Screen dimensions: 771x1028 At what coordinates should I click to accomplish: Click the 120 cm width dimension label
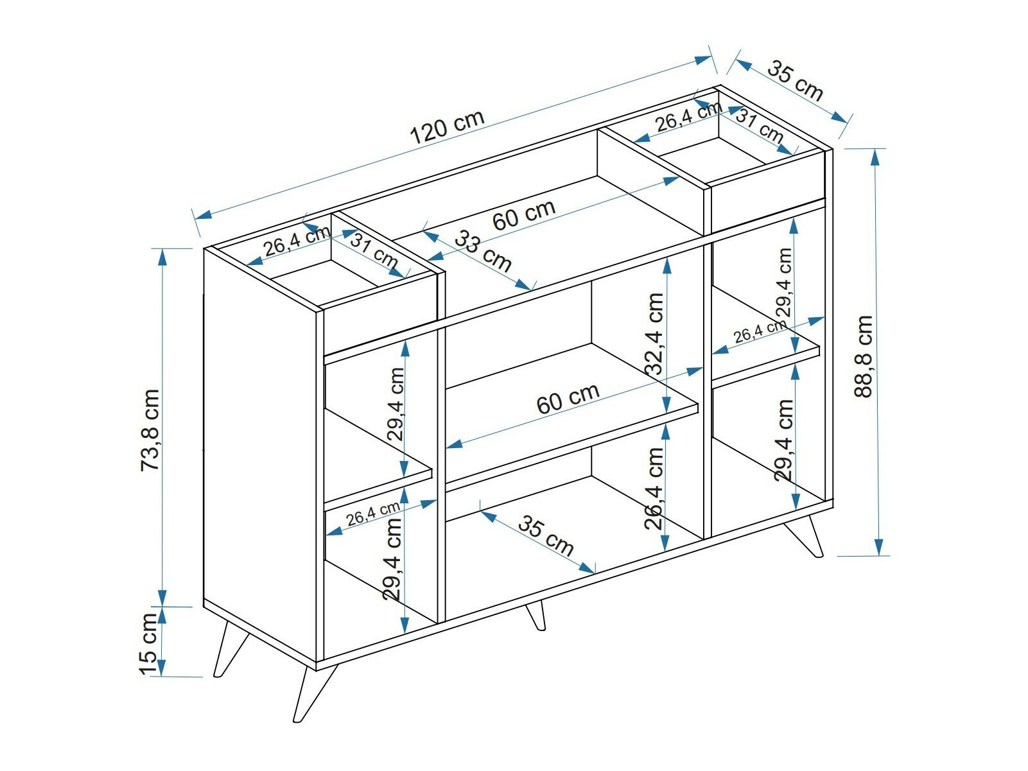pyautogui.click(x=447, y=127)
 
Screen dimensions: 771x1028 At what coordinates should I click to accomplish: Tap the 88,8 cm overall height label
pyautogui.click(x=864, y=356)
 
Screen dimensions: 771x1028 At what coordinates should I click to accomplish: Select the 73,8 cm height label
pyautogui.click(x=150, y=429)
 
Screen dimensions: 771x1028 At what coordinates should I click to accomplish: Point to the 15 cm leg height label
pyautogui.click(x=148, y=643)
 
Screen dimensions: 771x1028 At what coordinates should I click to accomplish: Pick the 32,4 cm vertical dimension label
pyautogui.click(x=654, y=334)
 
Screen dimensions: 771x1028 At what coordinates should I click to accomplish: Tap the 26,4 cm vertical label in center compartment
pyautogui.click(x=654, y=488)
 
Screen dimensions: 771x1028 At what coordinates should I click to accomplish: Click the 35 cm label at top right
pyautogui.click(x=795, y=81)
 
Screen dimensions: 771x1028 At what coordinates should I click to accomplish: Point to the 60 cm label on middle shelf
pyautogui.click(x=568, y=399)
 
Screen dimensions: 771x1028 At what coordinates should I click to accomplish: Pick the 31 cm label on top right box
pyautogui.click(x=759, y=126)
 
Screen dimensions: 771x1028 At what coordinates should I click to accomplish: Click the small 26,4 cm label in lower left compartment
pyautogui.click(x=373, y=514)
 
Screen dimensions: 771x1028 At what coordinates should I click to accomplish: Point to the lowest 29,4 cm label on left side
pyautogui.click(x=392, y=559)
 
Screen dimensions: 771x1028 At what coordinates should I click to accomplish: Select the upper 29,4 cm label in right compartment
pyautogui.click(x=784, y=282)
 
